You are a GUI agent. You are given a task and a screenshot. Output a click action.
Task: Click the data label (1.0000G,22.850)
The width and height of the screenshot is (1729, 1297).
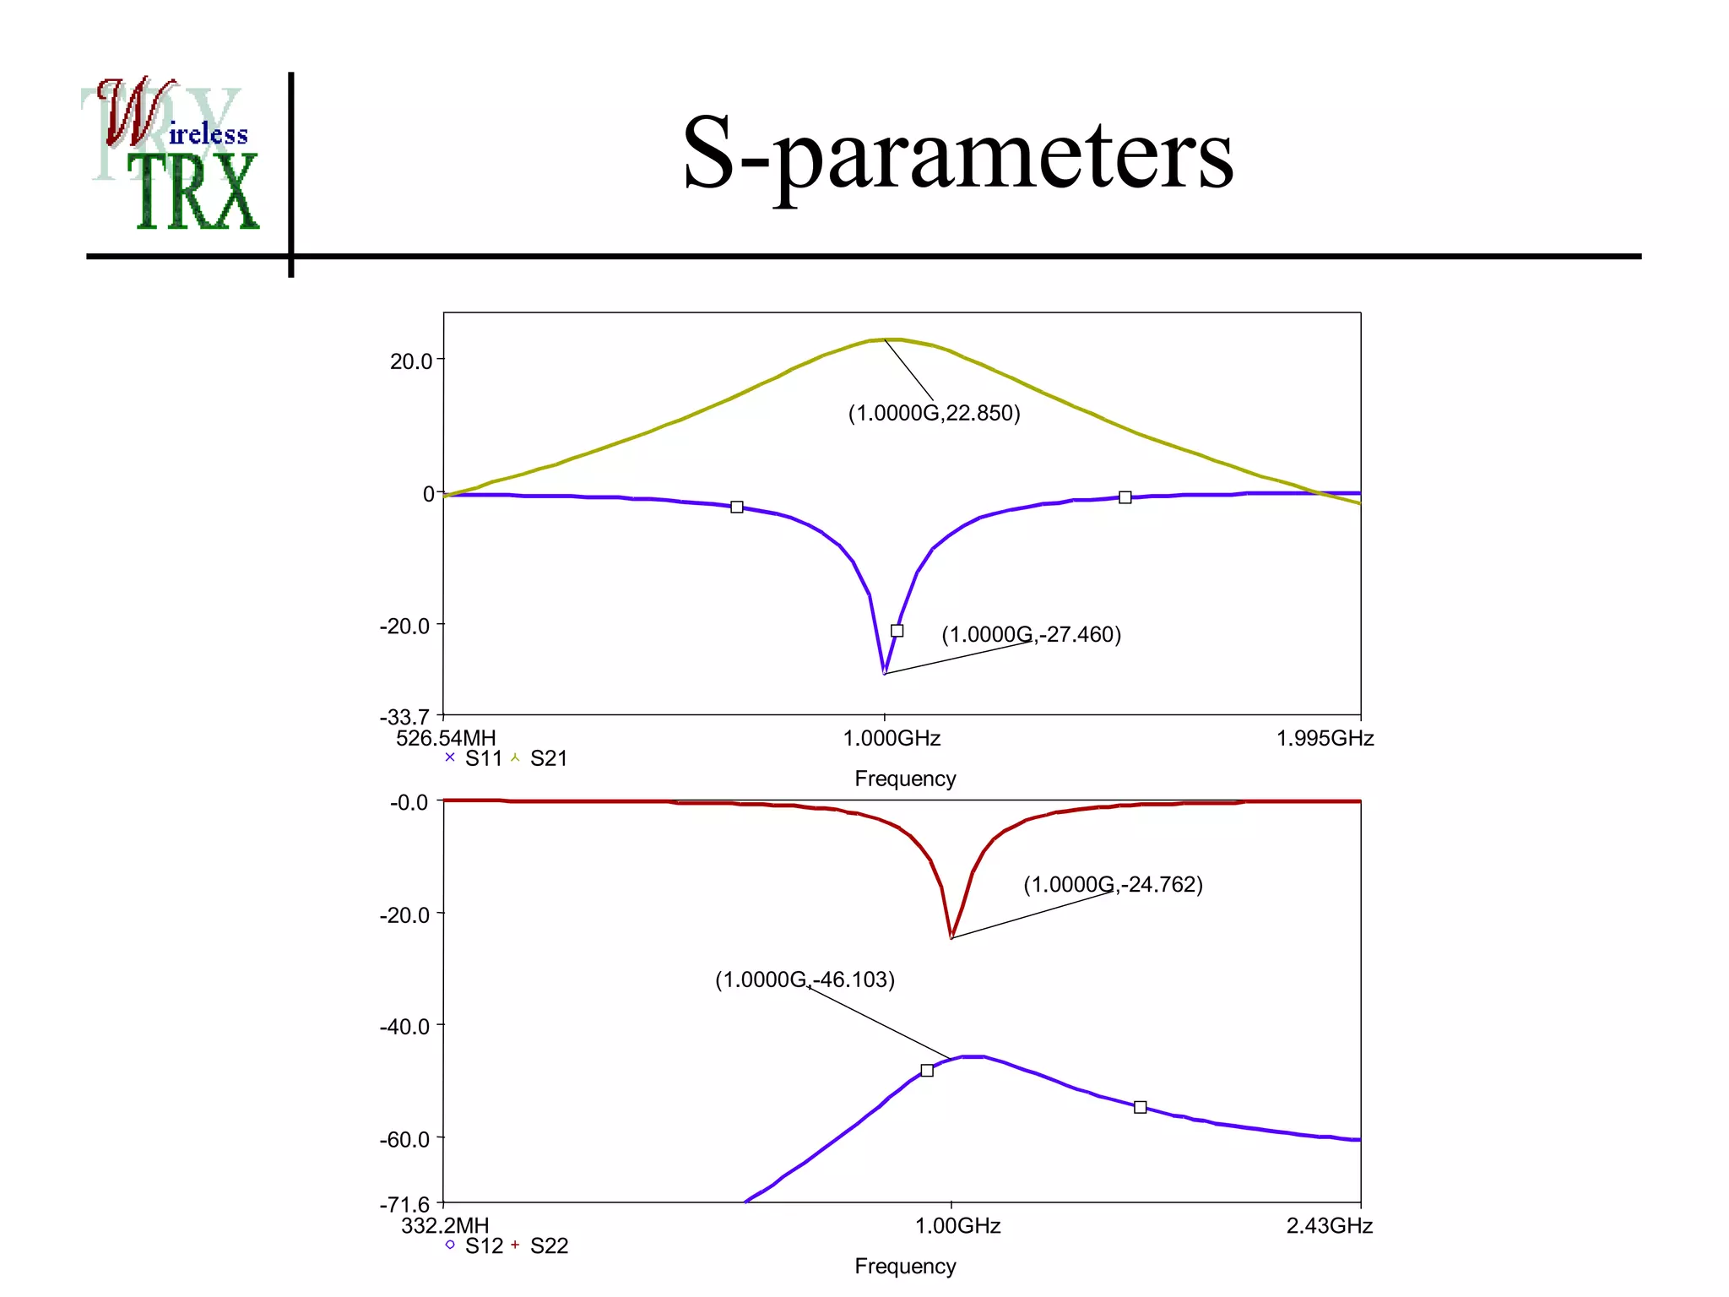pyautogui.click(x=934, y=413)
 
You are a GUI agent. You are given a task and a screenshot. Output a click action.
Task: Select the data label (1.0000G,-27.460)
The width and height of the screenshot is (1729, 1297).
pyautogui.click(x=1031, y=634)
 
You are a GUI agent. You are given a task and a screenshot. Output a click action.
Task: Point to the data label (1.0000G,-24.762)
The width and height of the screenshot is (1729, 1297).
pyautogui.click(x=1113, y=884)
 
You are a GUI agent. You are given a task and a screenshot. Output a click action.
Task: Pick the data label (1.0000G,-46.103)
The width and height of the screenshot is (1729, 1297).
pyautogui.click(x=805, y=980)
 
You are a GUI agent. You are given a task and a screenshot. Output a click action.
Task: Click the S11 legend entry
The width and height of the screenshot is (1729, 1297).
pyautogui.click(x=474, y=758)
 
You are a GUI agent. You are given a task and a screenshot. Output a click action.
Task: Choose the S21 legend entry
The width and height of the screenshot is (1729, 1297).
pyautogui.click(x=539, y=758)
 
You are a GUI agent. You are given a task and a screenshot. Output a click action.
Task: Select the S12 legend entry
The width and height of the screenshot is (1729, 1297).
pyautogui.click(x=474, y=1245)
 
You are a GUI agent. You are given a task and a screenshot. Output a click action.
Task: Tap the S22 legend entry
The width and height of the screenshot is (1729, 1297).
pyautogui.click(x=539, y=1245)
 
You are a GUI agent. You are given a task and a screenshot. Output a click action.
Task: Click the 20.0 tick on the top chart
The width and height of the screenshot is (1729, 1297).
pyautogui.click(x=411, y=361)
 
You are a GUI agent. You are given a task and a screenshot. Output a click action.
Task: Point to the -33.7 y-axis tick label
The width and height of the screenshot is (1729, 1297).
pyautogui.click(x=405, y=717)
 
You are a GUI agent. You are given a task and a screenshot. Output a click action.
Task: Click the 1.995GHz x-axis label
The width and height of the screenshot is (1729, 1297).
pyautogui.click(x=1325, y=739)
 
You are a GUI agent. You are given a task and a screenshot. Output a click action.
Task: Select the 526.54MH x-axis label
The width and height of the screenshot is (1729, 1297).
pyautogui.click(x=446, y=739)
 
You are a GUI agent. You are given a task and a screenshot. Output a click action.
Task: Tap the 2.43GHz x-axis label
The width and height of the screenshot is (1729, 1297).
pyautogui.click(x=1329, y=1226)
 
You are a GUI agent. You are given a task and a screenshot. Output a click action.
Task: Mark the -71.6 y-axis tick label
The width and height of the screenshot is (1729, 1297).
pyautogui.click(x=405, y=1204)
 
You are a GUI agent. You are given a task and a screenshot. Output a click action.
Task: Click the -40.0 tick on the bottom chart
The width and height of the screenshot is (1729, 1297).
pyautogui.click(x=405, y=1027)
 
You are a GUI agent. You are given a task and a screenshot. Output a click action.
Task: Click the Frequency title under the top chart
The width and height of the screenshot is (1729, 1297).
pyautogui.click(x=905, y=779)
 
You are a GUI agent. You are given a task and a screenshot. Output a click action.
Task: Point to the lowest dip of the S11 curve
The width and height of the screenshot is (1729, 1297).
pyautogui.click(x=884, y=672)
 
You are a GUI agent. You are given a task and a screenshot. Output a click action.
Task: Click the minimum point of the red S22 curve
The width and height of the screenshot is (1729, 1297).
pyautogui.click(x=951, y=936)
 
